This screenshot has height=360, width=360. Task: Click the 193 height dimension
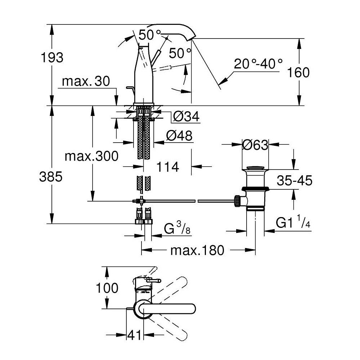(52, 57)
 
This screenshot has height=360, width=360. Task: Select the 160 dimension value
(298, 72)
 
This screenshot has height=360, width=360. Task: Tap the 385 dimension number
(51, 177)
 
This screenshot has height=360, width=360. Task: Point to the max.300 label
(91, 156)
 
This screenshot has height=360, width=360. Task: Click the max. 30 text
(86, 81)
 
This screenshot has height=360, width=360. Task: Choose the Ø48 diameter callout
(179, 136)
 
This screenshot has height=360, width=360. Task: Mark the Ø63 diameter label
(255, 145)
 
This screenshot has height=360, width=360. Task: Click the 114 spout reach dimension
(168, 167)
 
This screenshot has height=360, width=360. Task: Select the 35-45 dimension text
(294, 180)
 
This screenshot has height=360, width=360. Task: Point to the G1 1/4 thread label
(293, 222)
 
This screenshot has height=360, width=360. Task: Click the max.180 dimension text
(197, 250)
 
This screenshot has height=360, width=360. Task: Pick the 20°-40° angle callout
(258, 64)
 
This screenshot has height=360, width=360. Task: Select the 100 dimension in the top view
(107, 288)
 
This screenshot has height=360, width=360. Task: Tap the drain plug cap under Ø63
(255, 168)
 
